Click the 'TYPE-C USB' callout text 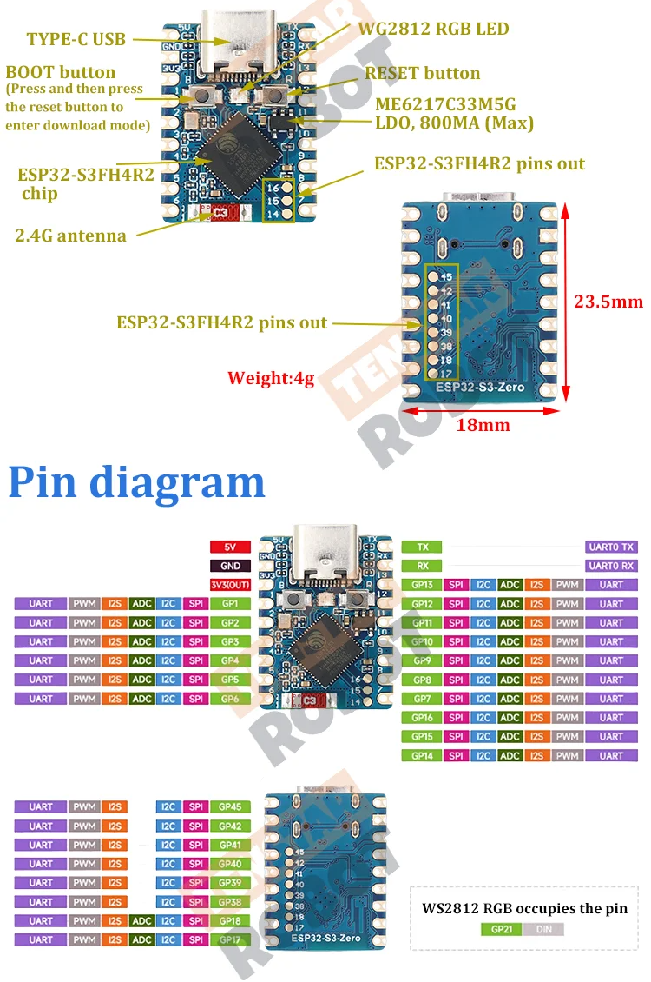tap(76, 39)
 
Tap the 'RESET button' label tap(422, 73)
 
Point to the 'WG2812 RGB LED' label tap(433, 29)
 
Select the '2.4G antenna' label tap(70, 236)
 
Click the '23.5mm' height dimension tap(608, 302)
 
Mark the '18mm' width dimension tap(484, 425)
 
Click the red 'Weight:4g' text tap(270, 378)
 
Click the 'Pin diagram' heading tap(136, 481)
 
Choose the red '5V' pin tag tap(230, 547)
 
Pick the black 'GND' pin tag tap(230, 566)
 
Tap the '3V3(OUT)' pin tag tap(230, 585)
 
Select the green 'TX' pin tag tap(422, 547)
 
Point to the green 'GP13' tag tap(422, 585)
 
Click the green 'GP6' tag tap(230, 699)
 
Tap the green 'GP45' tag tap(230, 806)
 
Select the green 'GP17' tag tap(230, 939)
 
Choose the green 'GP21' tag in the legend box tap(502, 929)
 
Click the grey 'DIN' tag tap(543, 929)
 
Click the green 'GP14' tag tap(422, 755)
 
